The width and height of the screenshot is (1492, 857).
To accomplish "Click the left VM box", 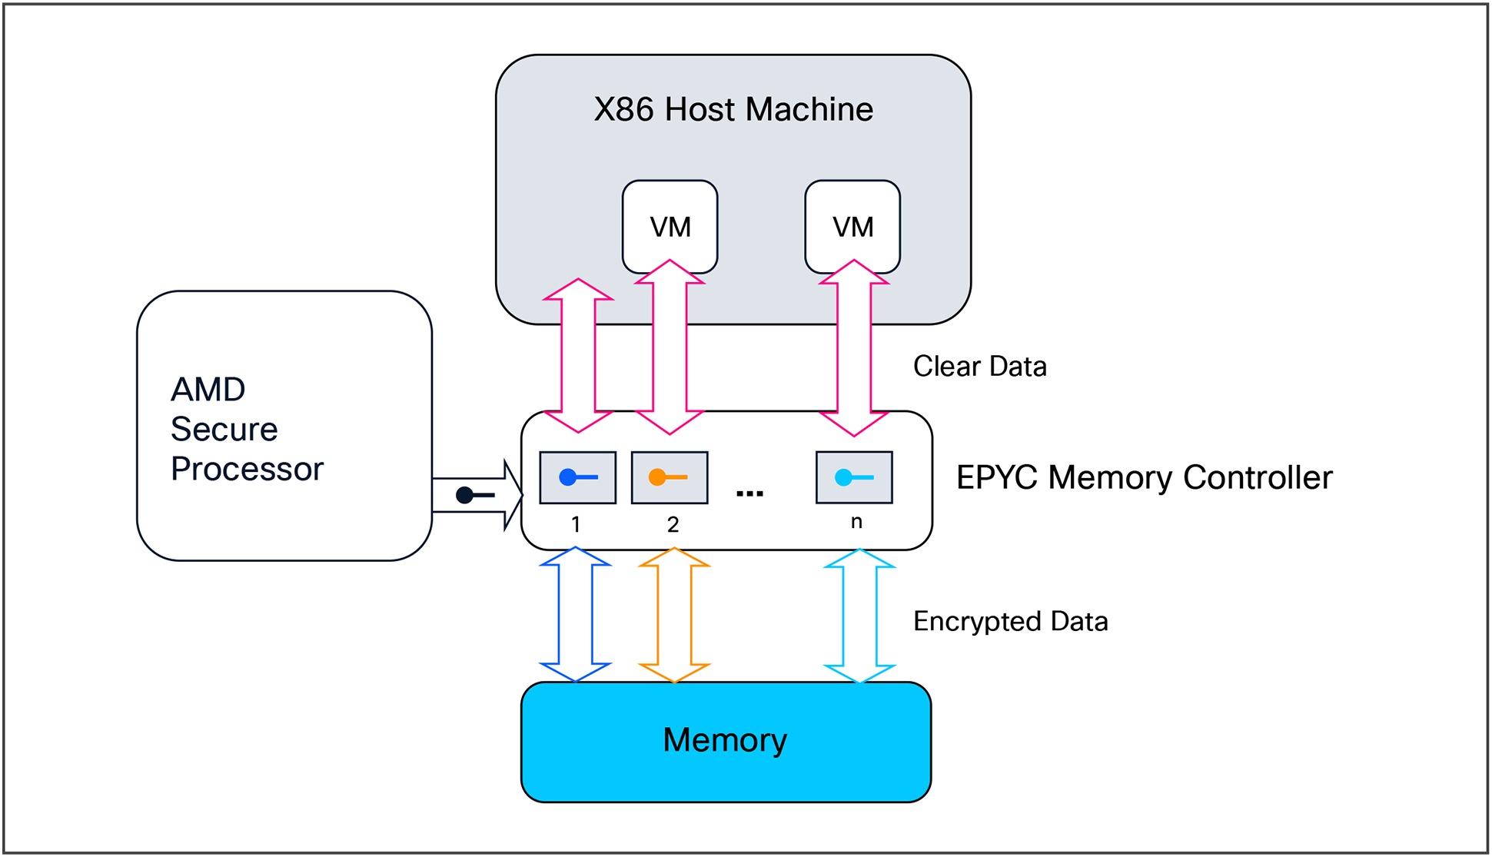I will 670,227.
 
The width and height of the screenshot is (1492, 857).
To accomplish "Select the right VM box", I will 852,227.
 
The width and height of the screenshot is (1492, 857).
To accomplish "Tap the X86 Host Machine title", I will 733,109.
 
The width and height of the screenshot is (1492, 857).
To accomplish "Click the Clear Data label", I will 979,367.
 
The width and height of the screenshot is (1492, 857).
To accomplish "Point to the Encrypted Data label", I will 1010,621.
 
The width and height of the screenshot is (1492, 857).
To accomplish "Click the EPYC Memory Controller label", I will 1144,477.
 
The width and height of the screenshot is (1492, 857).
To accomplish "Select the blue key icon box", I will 577,477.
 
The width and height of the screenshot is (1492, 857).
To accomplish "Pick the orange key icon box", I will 669,477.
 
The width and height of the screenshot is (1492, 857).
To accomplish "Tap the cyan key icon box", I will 854,477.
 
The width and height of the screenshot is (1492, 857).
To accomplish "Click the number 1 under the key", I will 576,524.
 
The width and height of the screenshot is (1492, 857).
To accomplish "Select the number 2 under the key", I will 673,524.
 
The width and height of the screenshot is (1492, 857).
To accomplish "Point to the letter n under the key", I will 856,522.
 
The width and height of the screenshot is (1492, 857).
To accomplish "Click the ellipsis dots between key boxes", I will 749,493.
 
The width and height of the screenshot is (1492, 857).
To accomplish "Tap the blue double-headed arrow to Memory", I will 575,615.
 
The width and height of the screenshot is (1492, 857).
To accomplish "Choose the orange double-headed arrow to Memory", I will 674,615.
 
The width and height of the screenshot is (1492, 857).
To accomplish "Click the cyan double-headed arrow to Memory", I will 859,615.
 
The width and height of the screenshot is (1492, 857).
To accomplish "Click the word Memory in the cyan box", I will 725,740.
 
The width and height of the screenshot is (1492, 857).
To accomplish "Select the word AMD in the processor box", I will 208,390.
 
